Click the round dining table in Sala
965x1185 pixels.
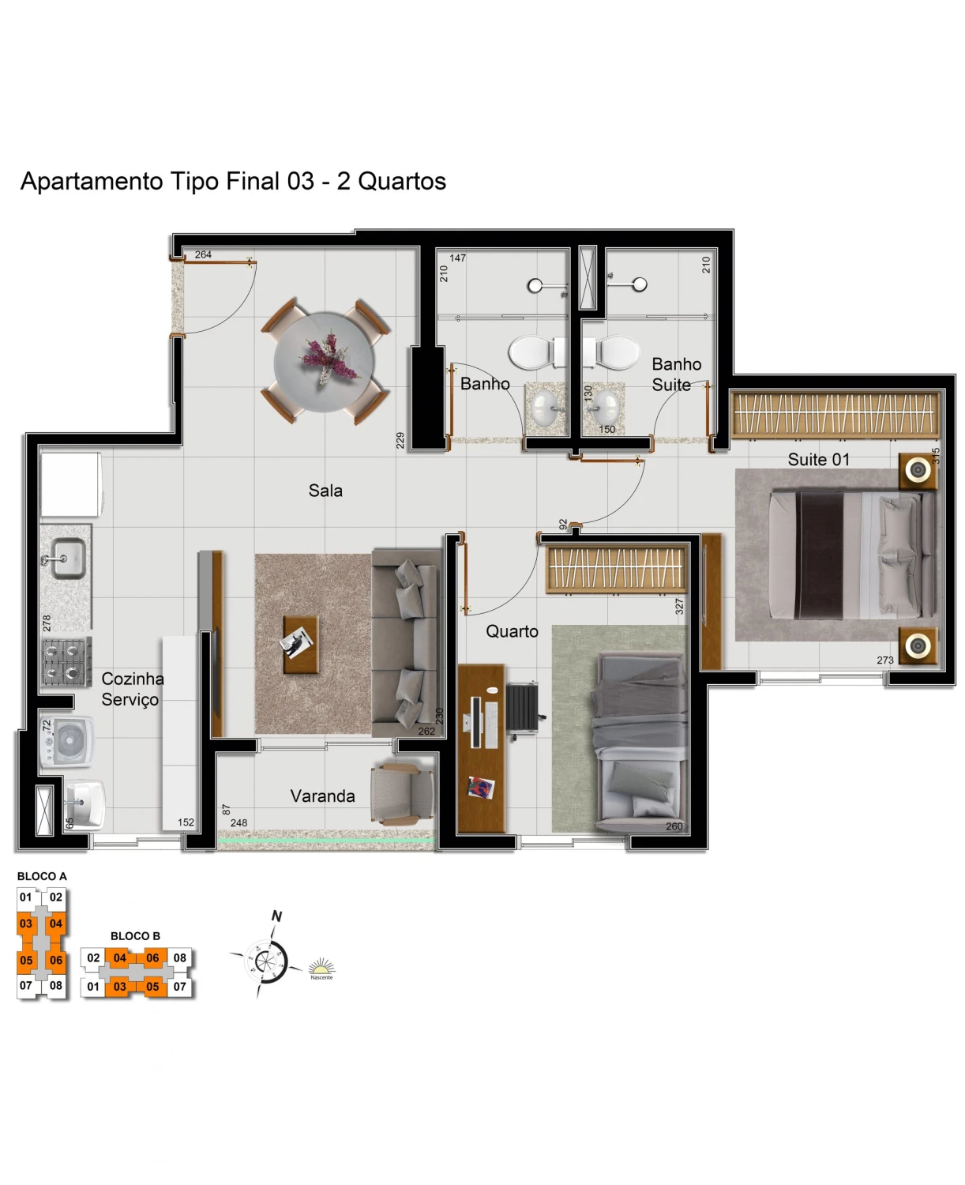click(x=325, y=361)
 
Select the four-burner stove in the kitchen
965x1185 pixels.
click(x=66, y=661)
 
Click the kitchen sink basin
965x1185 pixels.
click(x=69, y=557)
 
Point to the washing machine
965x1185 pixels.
click(x=66, y=742)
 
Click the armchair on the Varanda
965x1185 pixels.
click(x=402, y=795)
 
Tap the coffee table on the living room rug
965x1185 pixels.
click(x=301, y=644)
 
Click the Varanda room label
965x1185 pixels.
click(x=323, y=796)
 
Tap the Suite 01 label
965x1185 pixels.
click(x=819, y=459)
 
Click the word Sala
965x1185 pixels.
click(x=325, y=490)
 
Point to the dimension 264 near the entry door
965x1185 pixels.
click(x=203, y=254)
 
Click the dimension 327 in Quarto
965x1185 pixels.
click(x=679, y=606)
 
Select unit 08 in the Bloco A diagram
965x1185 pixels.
click(x=55, y=985)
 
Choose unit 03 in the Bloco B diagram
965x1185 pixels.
click(x=119, y=987)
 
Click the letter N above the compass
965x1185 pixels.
click(x=276, y=916)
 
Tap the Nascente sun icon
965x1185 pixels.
click(x=321, y=968)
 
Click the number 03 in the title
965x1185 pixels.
click(x=301, y=181)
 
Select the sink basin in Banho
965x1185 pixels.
click(x=546, y=406)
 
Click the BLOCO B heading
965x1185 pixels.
click(x=135, y=936)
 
